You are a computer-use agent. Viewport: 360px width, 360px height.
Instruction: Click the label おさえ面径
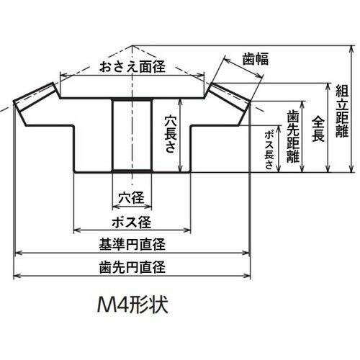click(x=132, y=66)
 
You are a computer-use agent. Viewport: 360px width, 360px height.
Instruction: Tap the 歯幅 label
click(x=255, y=59)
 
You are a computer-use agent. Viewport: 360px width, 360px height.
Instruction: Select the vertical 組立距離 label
click(x=342, y=111)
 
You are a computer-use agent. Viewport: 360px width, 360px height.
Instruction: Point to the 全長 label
click(x=318, y=129)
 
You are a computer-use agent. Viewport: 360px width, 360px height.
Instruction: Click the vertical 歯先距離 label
click(x=293, y=136)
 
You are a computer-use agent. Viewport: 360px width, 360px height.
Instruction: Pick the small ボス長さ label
click(x=269, y=150)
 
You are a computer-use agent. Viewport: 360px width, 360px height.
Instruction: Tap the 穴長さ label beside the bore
click(x=171, y=133)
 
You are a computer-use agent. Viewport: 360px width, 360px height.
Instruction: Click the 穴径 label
click(x=131, y=198)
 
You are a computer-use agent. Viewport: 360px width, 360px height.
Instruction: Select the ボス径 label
click(x=132, y=222)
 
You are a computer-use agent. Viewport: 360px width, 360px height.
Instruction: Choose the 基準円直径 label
click(x=132, y=244)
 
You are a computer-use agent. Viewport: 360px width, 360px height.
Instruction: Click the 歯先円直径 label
click(x=132, y=267)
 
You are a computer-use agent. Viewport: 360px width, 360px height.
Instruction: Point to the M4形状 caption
click(x=132, y=305)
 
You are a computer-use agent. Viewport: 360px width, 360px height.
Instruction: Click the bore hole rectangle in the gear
click(x=132, y=135)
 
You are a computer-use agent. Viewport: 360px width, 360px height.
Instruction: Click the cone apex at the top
click(x=132, y=45)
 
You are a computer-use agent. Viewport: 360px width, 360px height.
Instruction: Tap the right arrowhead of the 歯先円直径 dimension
click(x=247, y=276)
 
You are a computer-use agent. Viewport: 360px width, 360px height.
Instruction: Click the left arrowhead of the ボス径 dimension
click(x=77, y=230)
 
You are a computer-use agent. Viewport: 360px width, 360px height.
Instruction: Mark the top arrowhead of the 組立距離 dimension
click(x=352, y=49)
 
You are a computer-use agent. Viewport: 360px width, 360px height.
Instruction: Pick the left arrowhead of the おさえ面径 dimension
click(x=63, y=76)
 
